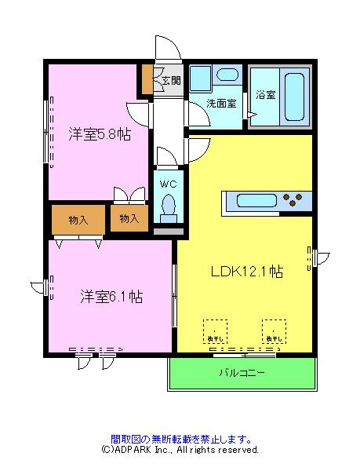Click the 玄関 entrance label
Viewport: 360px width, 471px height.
tap(171, 79)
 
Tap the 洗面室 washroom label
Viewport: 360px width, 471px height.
tap(221, 103)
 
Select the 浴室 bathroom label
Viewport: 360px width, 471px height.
tap(265, 95)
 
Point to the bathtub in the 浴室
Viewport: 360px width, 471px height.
tap(296, 97)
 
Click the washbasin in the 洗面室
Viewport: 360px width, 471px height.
tap(228, 77)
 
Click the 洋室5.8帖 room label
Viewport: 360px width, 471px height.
tap(98, 134)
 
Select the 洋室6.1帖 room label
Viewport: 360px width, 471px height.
tap(110, 296)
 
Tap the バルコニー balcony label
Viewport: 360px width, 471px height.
tap(241, 372)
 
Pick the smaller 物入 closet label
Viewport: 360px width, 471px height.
tap(129, 218)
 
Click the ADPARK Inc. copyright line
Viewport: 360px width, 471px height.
tap(180, 451)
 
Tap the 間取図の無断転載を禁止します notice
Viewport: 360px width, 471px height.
tap(180, 439)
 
